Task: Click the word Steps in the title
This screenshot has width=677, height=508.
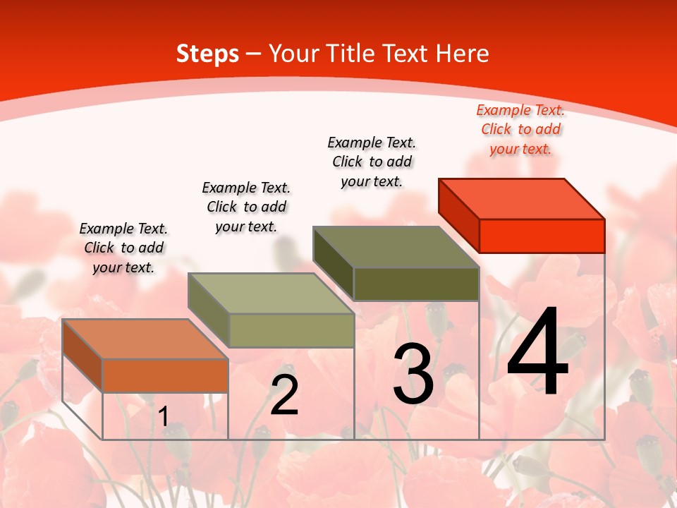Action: click(x=207, y=54)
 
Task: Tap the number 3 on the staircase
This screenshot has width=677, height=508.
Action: click(x=413, y=375)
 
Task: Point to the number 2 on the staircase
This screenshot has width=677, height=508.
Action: click(x=285, y=394)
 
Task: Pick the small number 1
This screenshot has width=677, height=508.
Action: click(x=163, y=416)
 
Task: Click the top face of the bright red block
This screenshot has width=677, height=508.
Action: click(x=522, y=199)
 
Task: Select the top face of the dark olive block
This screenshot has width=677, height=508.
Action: click(x=396, y=247)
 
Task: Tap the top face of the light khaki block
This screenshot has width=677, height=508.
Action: click(x=271, y=294)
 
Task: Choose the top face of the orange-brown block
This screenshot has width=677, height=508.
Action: click(x=145, y=339)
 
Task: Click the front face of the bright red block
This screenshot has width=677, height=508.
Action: click(x=542, y=236)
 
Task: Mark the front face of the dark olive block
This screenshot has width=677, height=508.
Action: click(x=416, y=284)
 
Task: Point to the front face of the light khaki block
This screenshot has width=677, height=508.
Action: click(x=291, y=330)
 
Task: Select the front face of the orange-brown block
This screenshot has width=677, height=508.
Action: click(x=165, y=375)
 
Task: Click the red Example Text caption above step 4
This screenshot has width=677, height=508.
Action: click(x=520, y=130)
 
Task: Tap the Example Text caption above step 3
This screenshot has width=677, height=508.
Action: click(x=372, y=162)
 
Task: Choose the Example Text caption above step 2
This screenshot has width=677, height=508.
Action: click(x=246, y=207)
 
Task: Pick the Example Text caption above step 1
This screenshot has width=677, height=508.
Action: click(x=123, y=248)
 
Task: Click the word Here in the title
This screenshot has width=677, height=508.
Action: click(x=465, y=54)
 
